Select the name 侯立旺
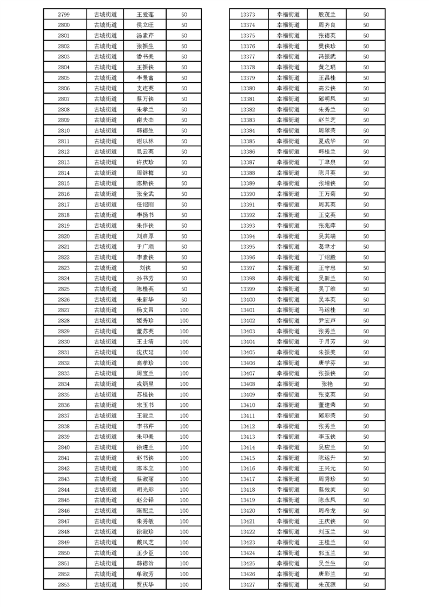pyautogui.click(x=146, y=25)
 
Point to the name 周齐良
pyautogui.click(x=327, y=25)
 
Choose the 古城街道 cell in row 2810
pyautogui.click(x=105, y=130)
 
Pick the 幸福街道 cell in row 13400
pyautogui.click(x=288, y=299)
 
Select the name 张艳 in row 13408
pyautogui.click(x=327, y=384)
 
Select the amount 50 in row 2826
pyautogui.click(x=184, y=299)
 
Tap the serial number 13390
pyautogui.click(x=247, y=194)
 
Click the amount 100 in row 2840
pyautogui.click(x=184, y=447)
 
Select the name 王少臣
pyautogui.click(x=146, y=552)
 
